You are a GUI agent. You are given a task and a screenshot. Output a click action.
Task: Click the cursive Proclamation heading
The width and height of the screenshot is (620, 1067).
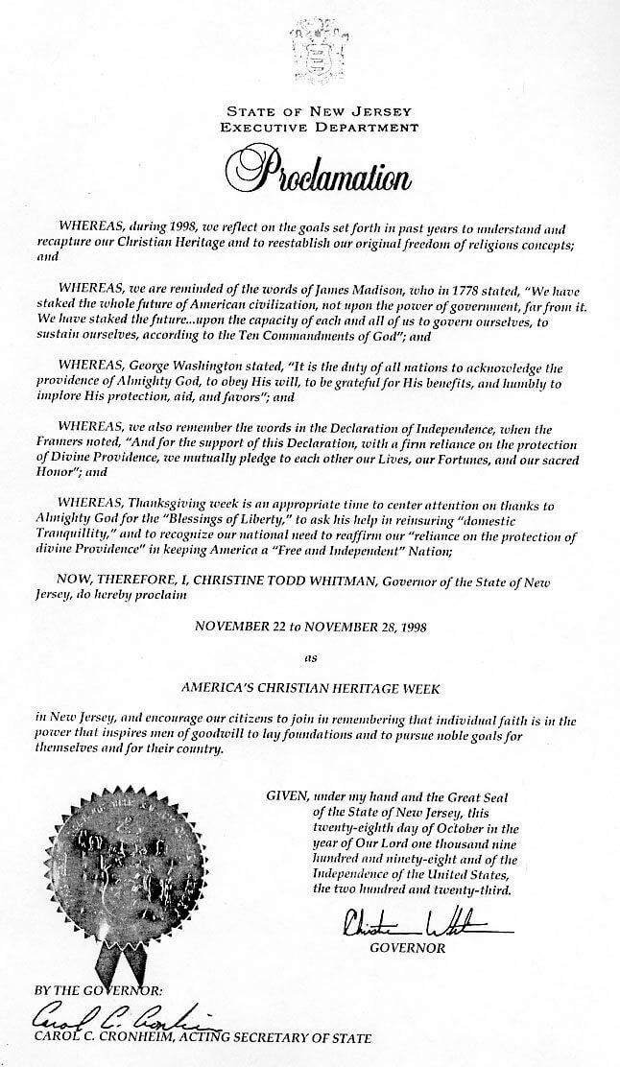(x=310, y=170)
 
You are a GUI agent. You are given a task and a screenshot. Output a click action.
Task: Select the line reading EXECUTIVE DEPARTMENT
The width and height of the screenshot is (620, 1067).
(x=311, y=126)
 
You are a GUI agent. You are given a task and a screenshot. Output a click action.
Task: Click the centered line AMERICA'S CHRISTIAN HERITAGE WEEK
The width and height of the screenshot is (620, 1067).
(x=310, y=688)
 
